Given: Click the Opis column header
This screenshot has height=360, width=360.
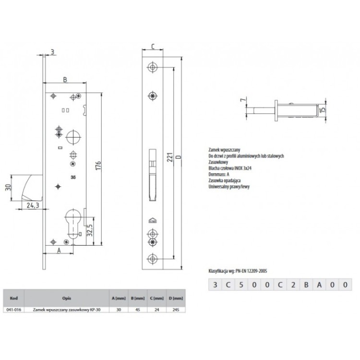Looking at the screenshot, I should click(66, 298).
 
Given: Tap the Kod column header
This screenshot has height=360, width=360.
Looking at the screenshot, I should click(13, 298).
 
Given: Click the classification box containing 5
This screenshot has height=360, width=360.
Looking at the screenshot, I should click(240, 285).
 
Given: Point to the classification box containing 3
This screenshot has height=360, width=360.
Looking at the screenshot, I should click(214, 285).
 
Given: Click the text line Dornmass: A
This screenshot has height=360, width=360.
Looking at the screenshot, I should click(218, 174).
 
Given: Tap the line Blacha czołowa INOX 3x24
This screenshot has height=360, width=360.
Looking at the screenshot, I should click(229, 168).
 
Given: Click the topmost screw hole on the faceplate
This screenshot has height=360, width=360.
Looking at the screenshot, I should click(153, 66).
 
